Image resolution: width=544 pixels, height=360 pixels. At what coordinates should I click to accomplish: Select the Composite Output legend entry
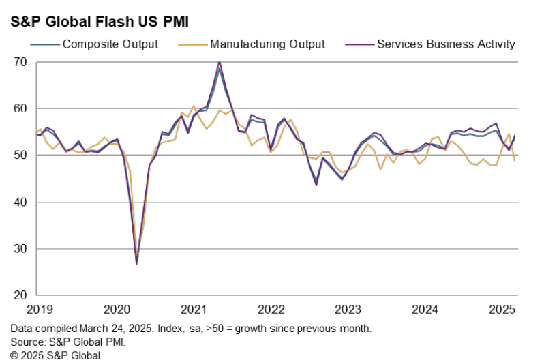[110, 44]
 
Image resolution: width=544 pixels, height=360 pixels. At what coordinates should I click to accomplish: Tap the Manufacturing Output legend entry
[267, 44]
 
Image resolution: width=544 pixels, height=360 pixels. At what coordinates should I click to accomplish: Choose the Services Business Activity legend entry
[446, 44]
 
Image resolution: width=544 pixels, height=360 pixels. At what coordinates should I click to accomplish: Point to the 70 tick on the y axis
[20, 62]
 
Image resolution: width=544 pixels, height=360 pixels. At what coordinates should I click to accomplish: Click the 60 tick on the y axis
[20, 109]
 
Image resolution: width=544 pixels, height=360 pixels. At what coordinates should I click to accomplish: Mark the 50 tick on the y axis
[20, 155]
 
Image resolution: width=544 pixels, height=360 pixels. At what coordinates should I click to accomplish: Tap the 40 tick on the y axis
[20, 202]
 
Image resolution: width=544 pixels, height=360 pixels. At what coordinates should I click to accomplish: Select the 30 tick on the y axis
[20, 249]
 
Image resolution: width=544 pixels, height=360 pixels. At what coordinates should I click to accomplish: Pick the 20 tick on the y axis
[20, 296]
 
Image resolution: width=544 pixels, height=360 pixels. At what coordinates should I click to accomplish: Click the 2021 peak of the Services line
[219, 62]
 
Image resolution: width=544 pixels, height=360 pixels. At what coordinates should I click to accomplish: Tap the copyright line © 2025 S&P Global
[57, 355]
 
